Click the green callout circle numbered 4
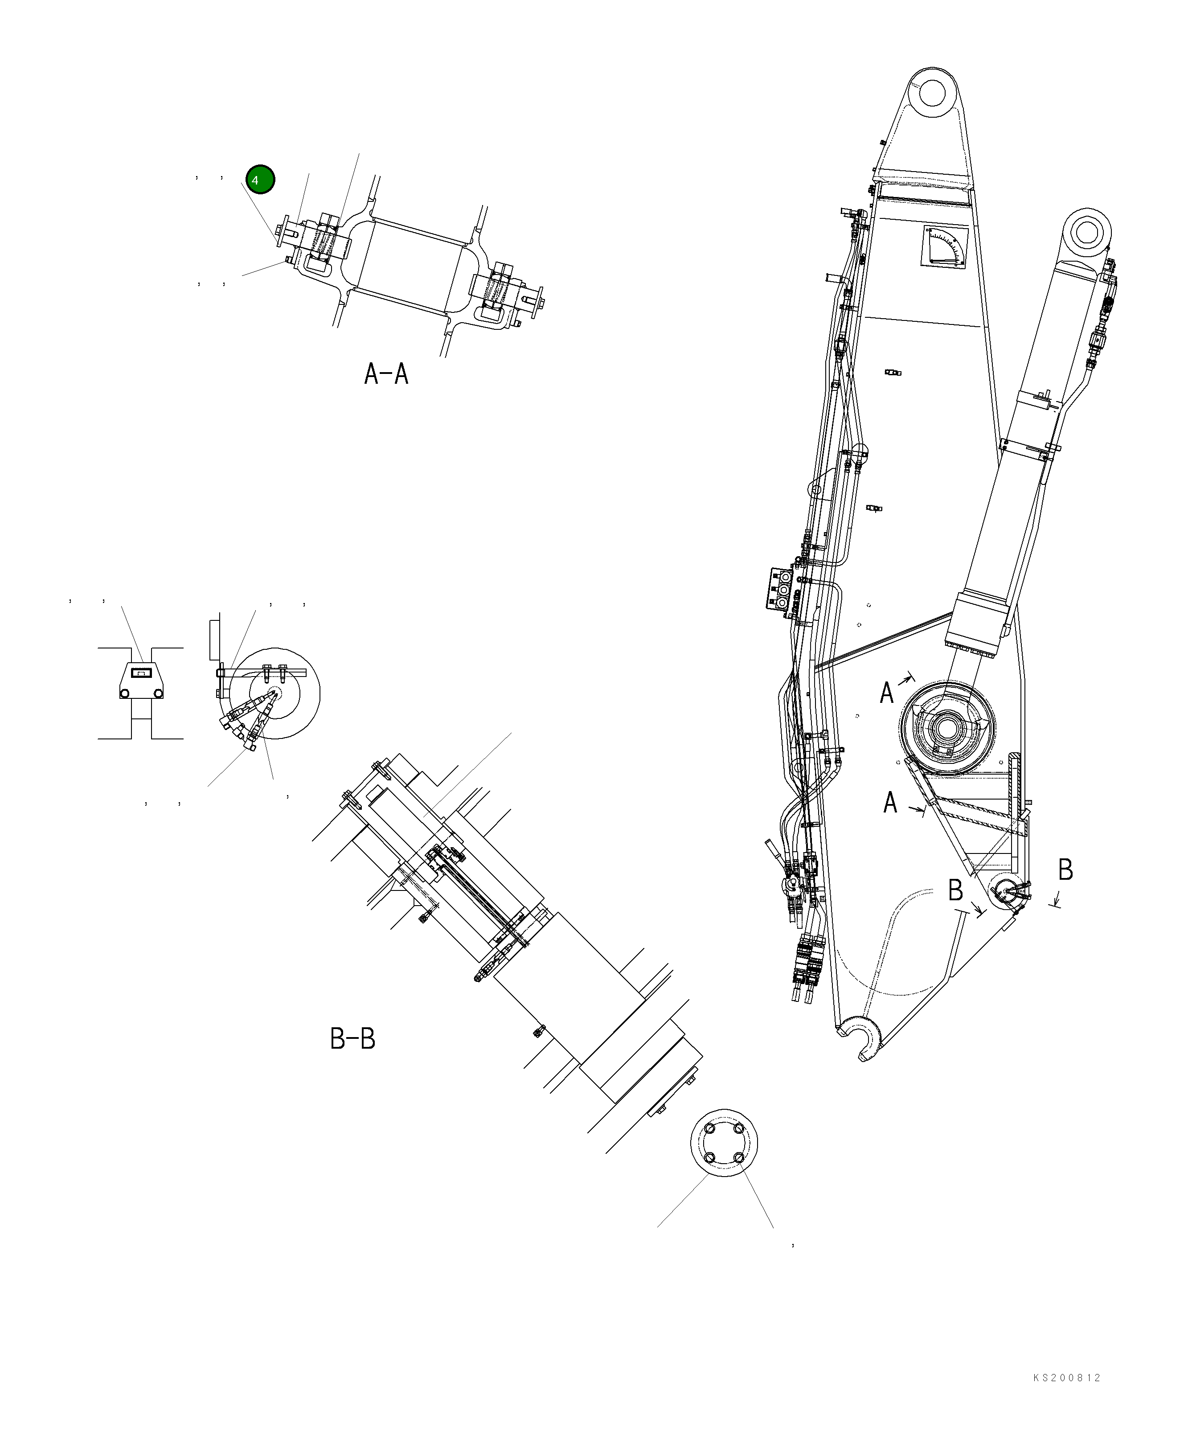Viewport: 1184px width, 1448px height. [260, 179]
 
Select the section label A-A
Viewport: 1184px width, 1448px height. [386, 374]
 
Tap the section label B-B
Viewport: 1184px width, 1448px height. [352, 1039]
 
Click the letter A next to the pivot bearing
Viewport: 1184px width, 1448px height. [886, 693]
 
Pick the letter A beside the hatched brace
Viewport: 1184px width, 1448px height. [889, 803]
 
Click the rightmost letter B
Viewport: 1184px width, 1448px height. [1065, 870]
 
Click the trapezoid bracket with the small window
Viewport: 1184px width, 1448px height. [140, 681]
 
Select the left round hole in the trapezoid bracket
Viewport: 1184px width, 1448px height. [125, 693]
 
